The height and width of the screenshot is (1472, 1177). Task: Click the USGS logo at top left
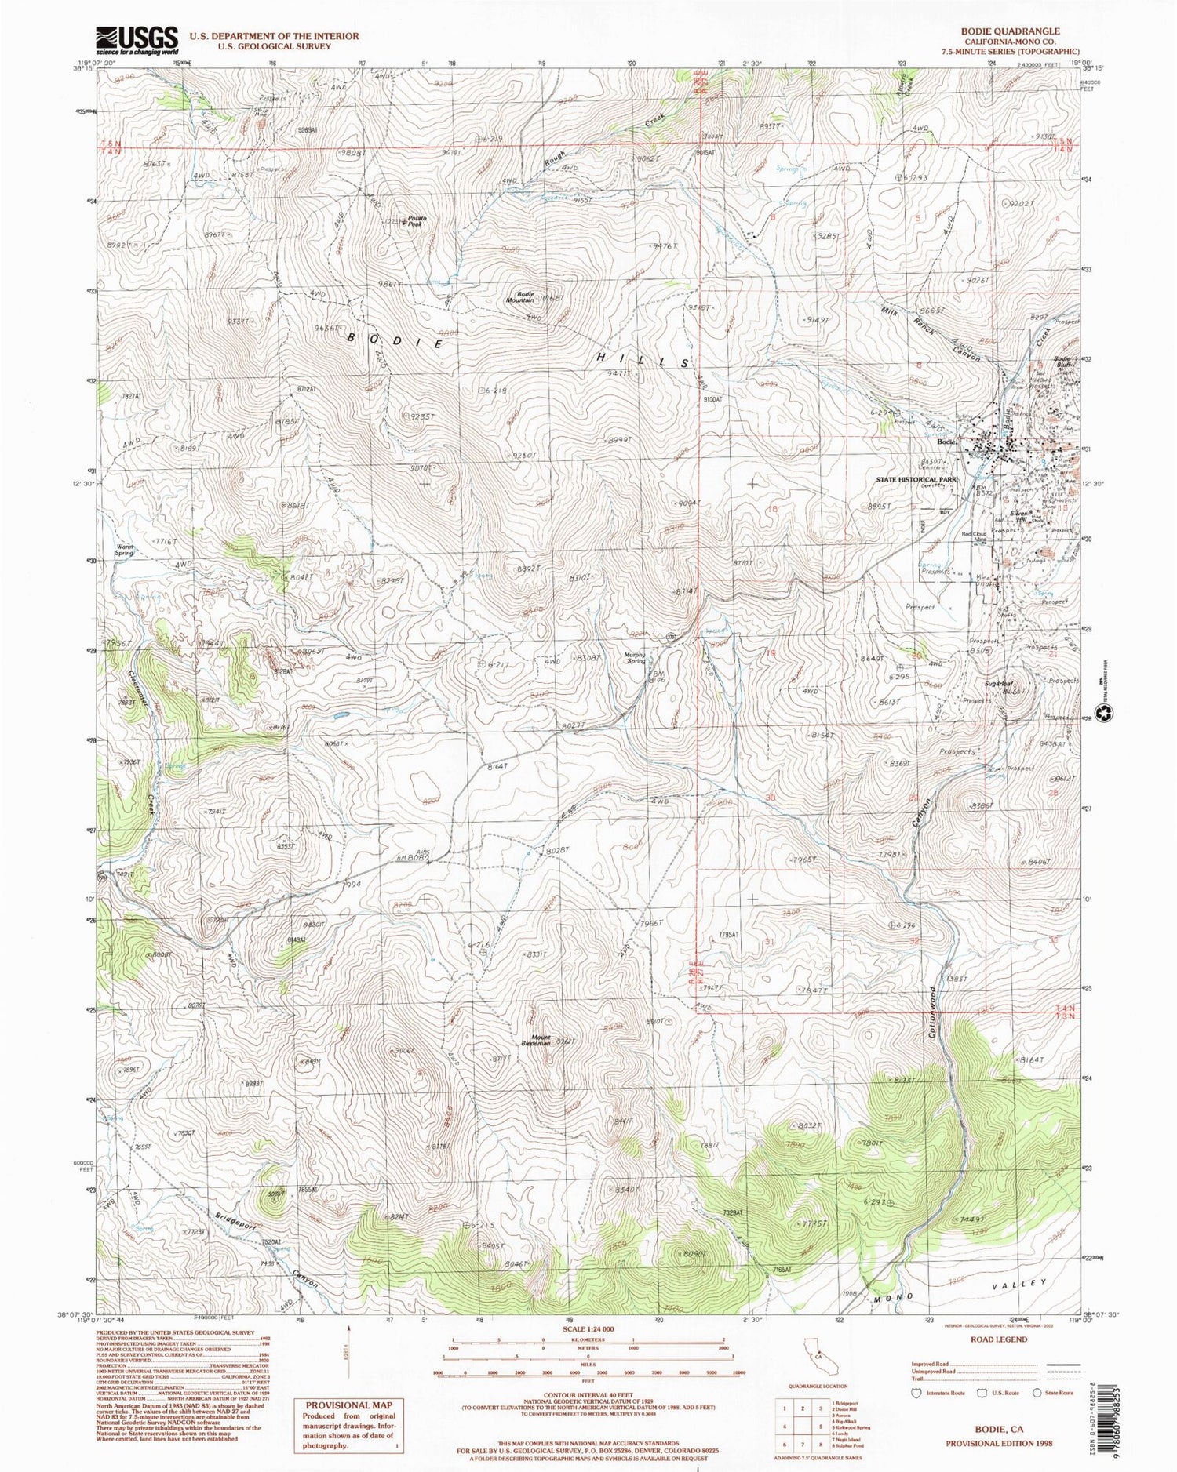click(x=137, y=39)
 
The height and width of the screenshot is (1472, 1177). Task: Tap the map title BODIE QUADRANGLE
click(x=1010, y=31)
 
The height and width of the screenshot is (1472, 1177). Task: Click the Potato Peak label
click(x=415, y=221)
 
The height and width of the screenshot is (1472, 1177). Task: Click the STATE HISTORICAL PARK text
click(x=916, y=478)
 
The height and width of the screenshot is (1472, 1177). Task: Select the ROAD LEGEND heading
click(x=999, y=1339)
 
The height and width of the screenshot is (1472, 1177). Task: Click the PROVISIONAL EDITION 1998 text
click(x=999, y=1442)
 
